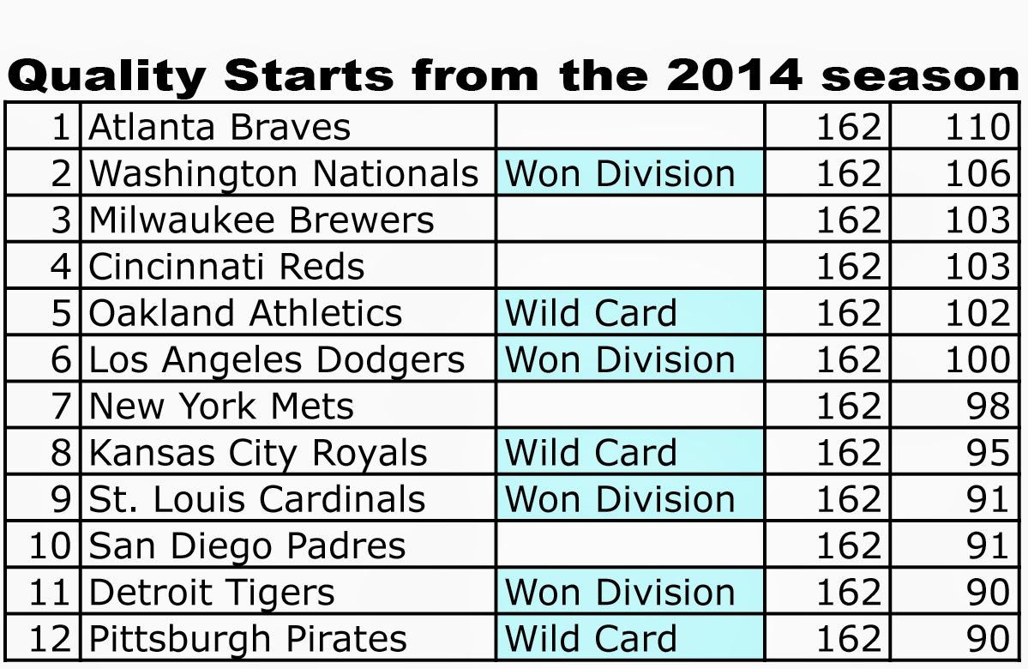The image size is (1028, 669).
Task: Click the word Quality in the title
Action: click(x=107, y=76)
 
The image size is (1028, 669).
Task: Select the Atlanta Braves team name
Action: click(x=219, y=127)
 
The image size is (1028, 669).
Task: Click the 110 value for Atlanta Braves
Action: click(x=977, y=127)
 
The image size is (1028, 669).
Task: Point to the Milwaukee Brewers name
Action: click(x=262, y=220)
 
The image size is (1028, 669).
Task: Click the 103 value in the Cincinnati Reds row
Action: click(x=977, y=266)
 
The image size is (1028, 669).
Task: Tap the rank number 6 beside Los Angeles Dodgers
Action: click(x=61, y=359)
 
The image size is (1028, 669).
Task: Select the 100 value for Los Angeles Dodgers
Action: click(x=977, y=359)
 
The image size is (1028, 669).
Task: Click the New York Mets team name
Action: click(x=221, y=406)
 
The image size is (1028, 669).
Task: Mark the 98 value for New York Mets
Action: click(x=988, y=406)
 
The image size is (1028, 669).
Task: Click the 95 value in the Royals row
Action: click(x=988, y=453)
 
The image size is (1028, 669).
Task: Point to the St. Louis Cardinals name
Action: click(x=257, y=499)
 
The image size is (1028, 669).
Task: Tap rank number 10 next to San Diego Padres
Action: click(x=50, y=545)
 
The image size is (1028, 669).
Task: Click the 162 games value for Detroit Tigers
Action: click(x=848, y=593)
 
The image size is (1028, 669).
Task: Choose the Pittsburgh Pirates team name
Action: click(x=248, y=639)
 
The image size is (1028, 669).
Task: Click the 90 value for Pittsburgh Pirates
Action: click(x=988, y=639)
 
